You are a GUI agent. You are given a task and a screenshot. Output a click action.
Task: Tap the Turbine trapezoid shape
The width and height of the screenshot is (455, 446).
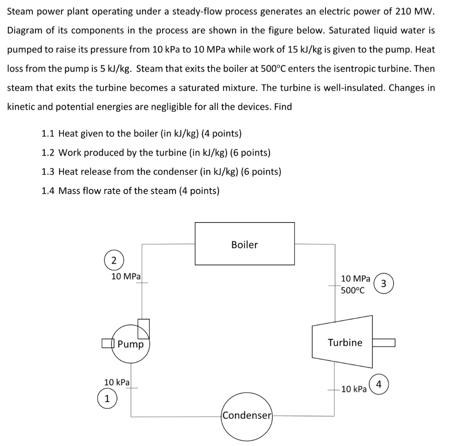coord(343,342)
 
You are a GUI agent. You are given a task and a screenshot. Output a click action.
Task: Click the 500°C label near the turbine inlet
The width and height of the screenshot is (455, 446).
coord(353,291)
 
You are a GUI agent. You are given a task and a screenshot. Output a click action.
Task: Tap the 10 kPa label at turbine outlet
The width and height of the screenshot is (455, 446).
coord(354,390)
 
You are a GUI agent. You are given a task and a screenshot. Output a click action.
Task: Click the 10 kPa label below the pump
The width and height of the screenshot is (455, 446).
coord(116,382)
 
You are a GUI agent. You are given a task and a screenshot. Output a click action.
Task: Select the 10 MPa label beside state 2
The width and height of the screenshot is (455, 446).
coord(126,276)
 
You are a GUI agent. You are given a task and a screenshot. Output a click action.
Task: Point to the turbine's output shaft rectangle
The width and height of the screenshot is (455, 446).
coord(383,342)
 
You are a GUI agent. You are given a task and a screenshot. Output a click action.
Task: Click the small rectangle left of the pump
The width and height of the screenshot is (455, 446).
coord(106,343)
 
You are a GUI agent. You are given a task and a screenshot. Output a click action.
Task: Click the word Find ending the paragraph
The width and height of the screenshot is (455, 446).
coord(283,107)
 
